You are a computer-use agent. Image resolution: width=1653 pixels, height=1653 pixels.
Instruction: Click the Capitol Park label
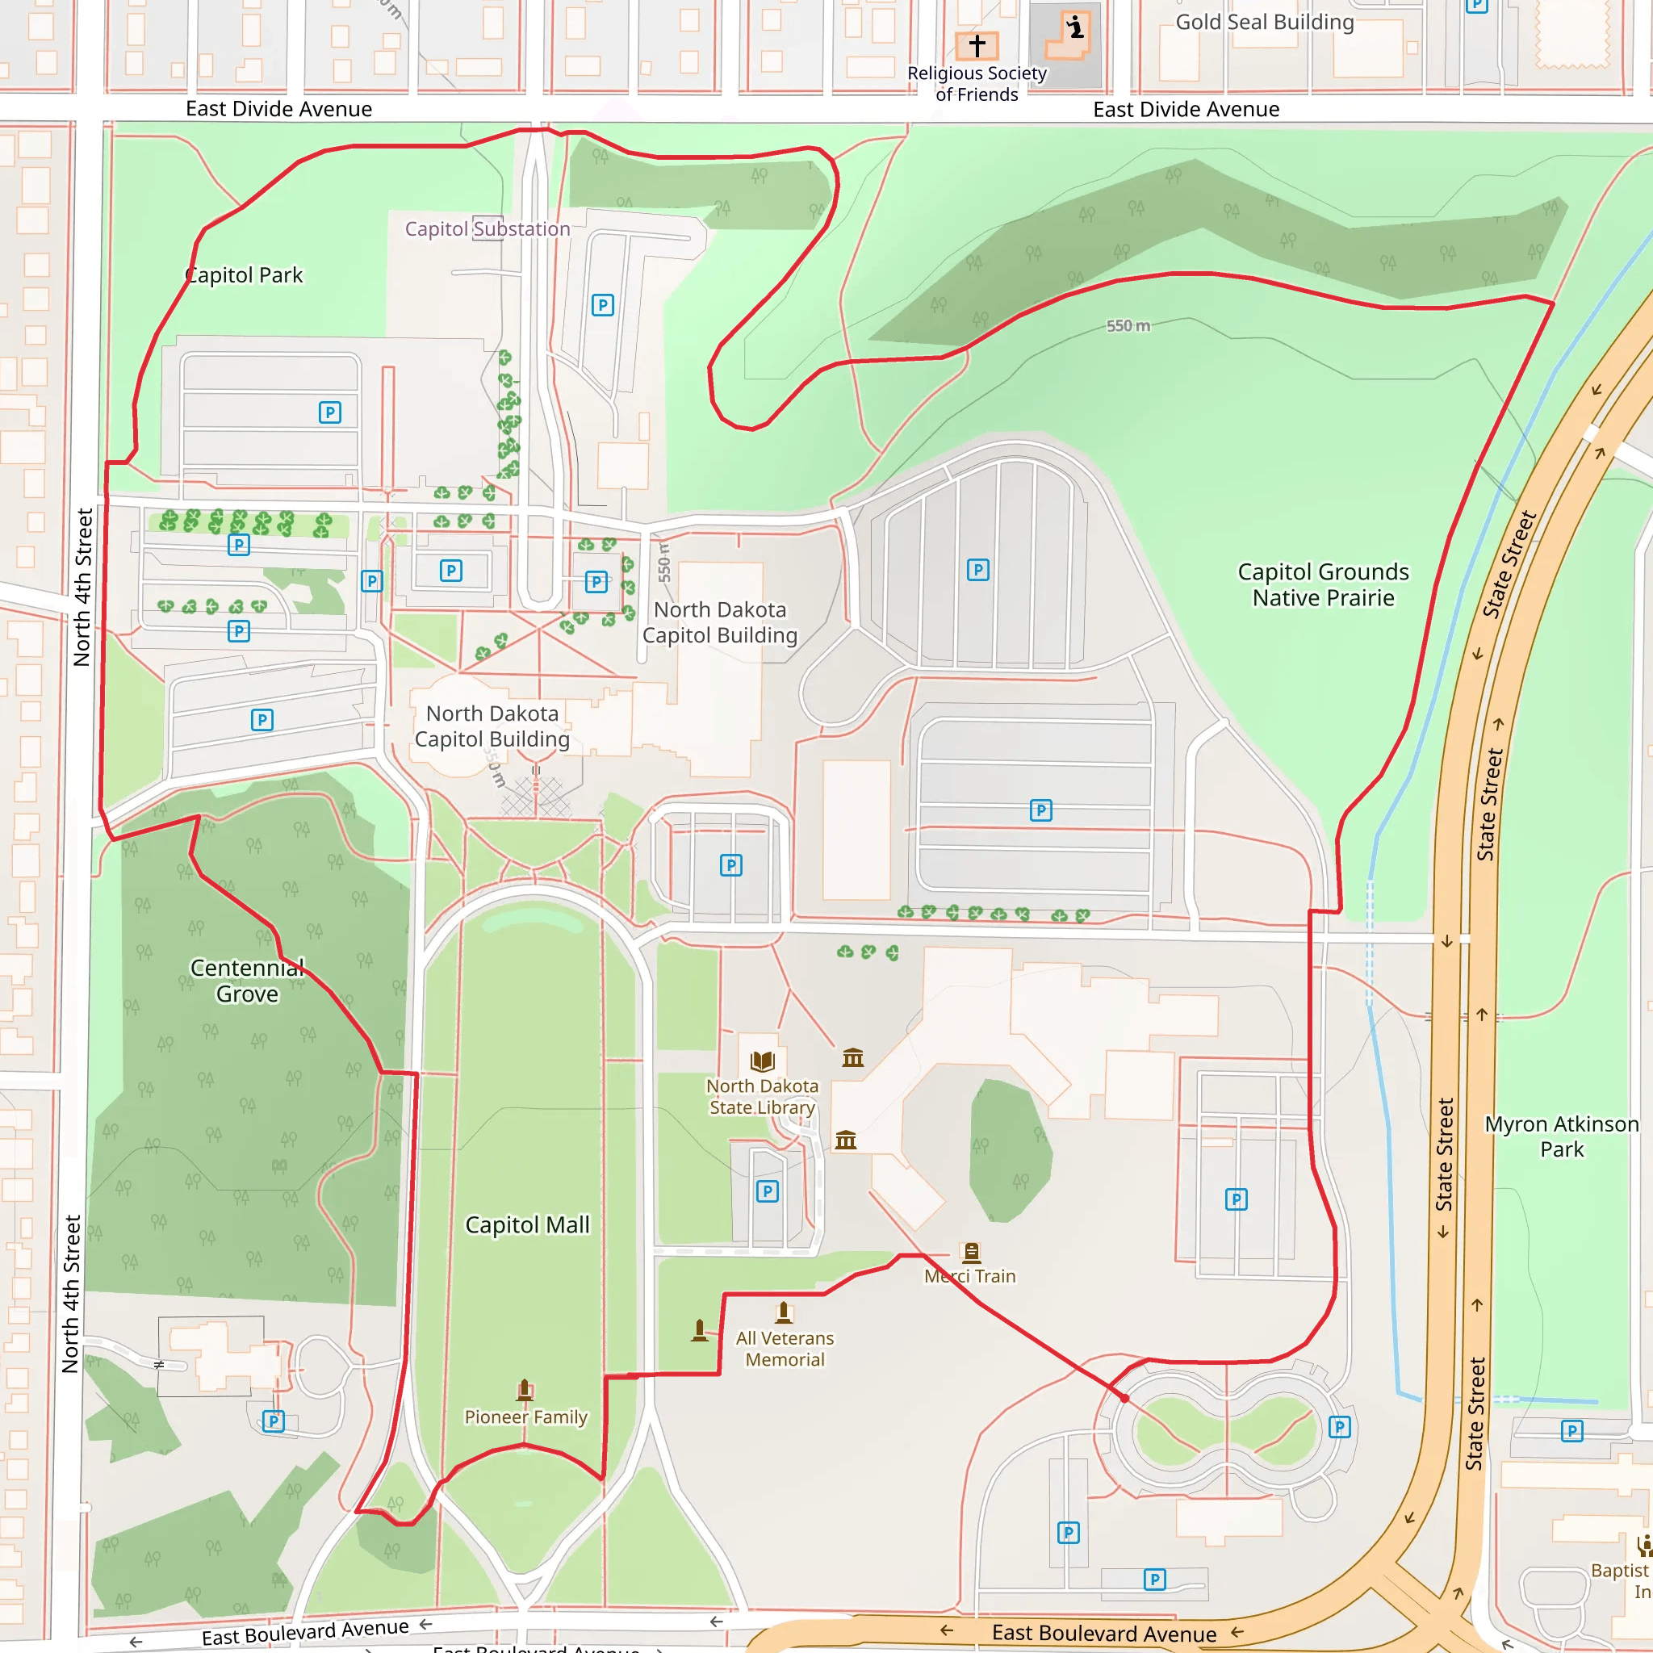(x=245, y=275)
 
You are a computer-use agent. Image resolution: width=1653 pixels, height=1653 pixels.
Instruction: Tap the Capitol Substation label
(x=487, y=229)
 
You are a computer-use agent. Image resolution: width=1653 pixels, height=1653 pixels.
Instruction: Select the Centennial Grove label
(x=247, y=981)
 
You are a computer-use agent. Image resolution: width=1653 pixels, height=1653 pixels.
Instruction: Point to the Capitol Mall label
(x=527, y=1224)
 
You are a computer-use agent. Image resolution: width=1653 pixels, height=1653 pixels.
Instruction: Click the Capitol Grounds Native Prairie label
(x=1323, y=584)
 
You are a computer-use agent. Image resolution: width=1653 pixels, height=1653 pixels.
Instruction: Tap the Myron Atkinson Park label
(x=1562, y=1136)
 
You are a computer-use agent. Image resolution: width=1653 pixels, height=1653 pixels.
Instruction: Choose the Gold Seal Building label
(x=1265, y=23)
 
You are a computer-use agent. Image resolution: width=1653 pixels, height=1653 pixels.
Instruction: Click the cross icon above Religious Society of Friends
(x=977, y=44)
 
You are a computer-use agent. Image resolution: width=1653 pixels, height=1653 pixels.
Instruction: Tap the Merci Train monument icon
(x=971, y=1253)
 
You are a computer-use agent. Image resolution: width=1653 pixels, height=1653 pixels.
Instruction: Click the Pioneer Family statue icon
(x=525, y=1391)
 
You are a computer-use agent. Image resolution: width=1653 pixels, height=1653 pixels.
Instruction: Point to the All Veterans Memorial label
(x=785, y=1349)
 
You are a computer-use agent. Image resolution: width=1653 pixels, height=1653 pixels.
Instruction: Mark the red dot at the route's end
(x=1124, y=1398)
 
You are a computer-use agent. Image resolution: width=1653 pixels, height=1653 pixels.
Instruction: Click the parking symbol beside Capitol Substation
(x=602, y=305)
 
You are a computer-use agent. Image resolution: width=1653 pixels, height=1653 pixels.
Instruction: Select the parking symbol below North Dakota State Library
(x=768, y=1191)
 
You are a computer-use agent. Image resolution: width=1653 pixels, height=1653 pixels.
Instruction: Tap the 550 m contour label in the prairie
(x=1128, y=326)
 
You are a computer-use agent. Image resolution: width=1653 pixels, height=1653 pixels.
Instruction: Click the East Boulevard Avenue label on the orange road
(x=1103, y=1633)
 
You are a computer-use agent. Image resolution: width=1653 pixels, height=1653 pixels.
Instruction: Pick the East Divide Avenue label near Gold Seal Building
(x=1186, y=110)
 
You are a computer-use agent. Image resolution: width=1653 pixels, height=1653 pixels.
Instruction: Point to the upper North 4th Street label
(x=83, y=587)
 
